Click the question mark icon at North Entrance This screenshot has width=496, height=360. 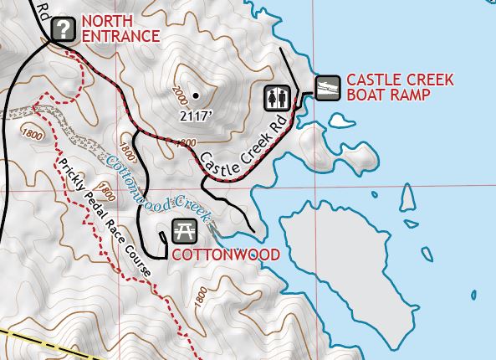(63, 30)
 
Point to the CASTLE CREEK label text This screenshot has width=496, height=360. (400, 80)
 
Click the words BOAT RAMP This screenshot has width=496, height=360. (388, 95)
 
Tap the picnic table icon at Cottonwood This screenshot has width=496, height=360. (183, 231)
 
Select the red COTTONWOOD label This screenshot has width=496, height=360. (225, 254)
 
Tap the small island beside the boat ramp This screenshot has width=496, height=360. (340, 122)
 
